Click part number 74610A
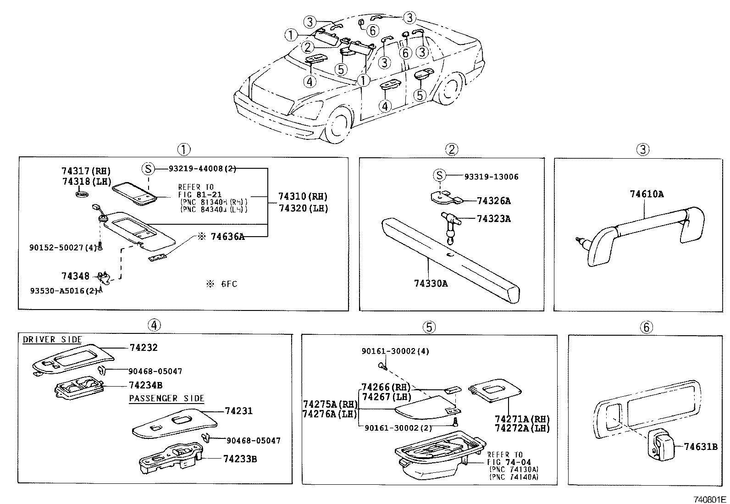[646, 194]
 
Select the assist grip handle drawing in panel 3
[642, 234]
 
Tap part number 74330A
[431, 283]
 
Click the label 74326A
[493, 201]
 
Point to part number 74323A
[493, 219]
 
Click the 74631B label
[700, 446]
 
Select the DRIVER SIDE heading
[52, 339]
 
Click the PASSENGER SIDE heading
[166, 398]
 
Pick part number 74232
[143, 348]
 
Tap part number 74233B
[240, 458]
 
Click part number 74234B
[145, 385]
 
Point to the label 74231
[238, 411]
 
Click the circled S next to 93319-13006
[439, 176]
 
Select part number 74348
[75, 276]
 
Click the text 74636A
[227, 237]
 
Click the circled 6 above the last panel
[646, 327]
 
